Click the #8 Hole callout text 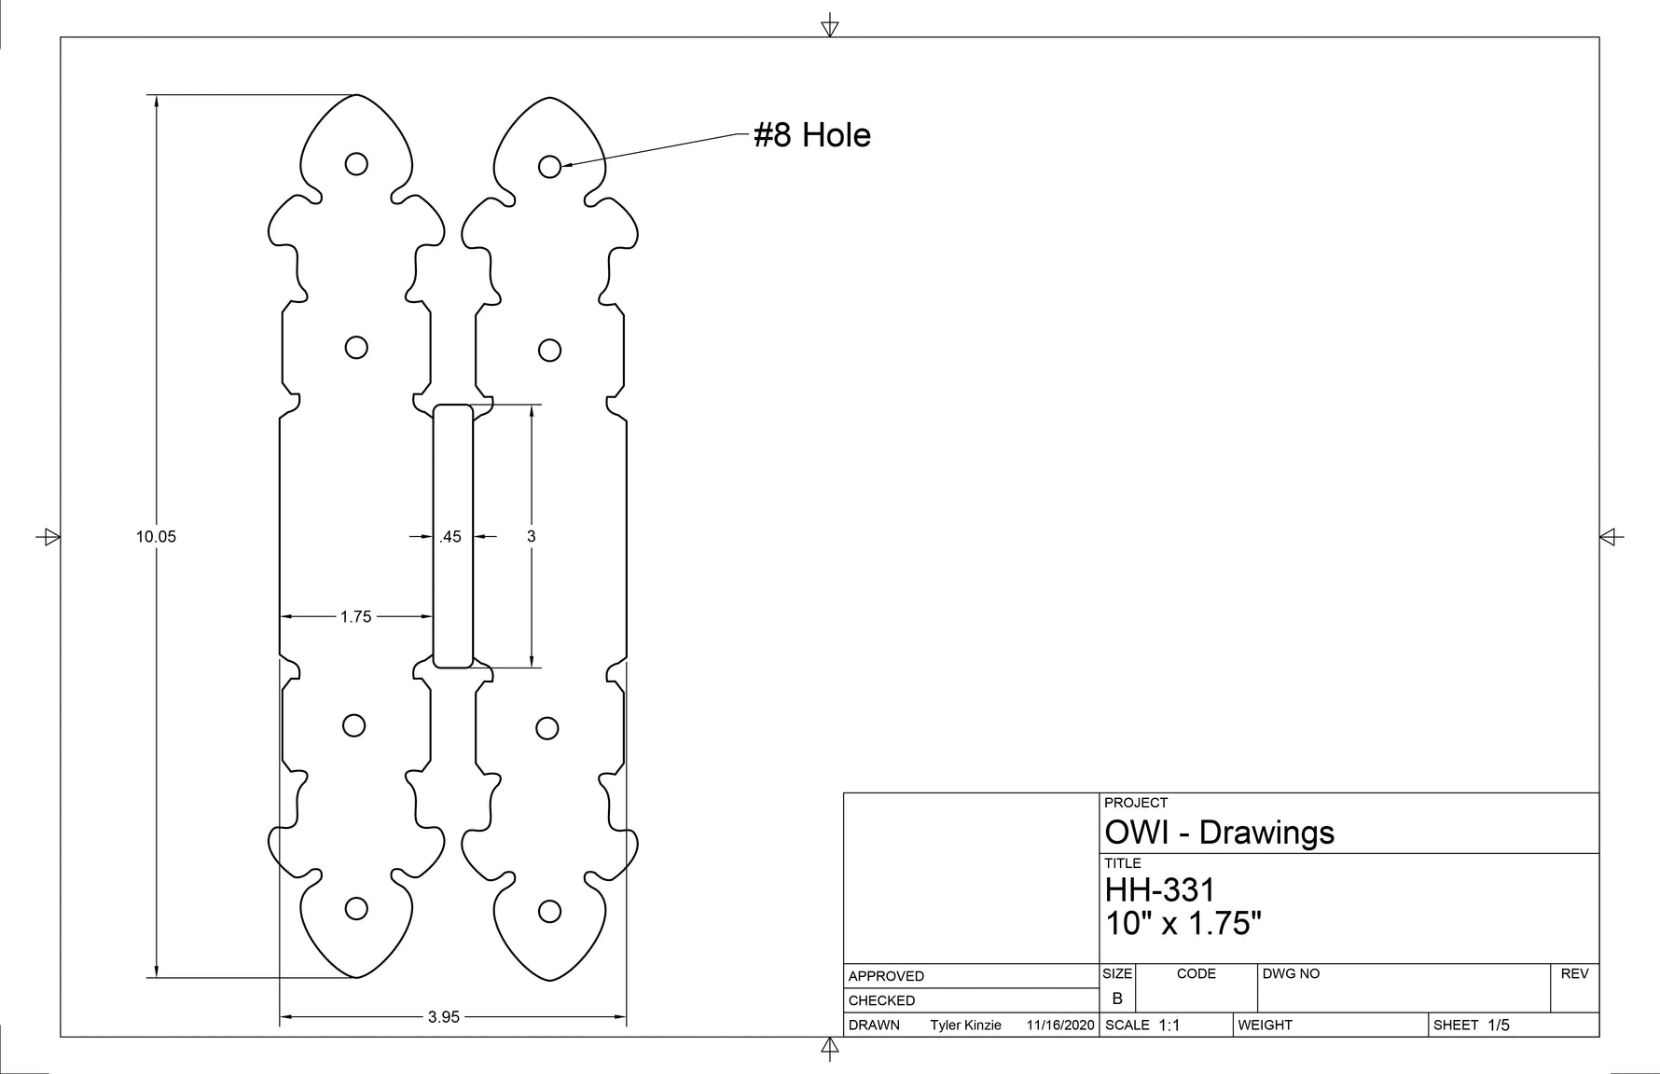(x=812, y=135)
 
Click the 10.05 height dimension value (x=156, y=536)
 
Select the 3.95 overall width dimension (x=444, y=1017)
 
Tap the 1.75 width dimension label (x=355, y=616)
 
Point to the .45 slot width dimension (x=450, y=536)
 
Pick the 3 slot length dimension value (x=532, y=536)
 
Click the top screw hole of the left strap (x=356, y=164)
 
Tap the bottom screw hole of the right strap (x=550, y=911)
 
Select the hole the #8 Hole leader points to (x=550, y=166)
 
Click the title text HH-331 (x=1160, y=889)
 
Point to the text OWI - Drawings (x=1219, y=832)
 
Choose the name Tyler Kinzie (x=965, y=1026)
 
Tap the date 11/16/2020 (x=1060, y=1026)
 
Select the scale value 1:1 (x=1169, y=1026)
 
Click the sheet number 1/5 (x=1499, y=1026)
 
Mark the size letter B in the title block (x=1117, y=998)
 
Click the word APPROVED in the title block (x=886, y=976)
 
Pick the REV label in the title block (x=1574, y=973)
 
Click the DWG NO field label (x=1291, y=973)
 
